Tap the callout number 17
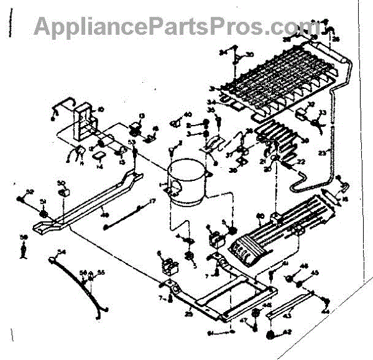coord(151,201)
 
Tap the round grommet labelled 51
coord(43,213)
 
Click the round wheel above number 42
coord(270,336)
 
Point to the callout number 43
coord(288,316)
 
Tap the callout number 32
coord(311,104)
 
